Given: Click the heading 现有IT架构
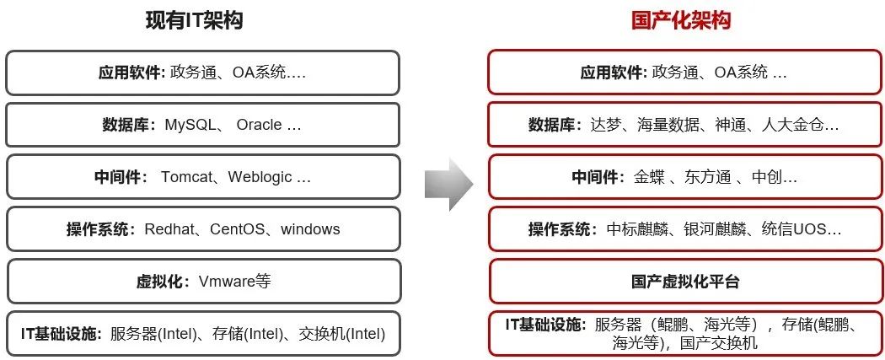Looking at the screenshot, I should pos(193,20).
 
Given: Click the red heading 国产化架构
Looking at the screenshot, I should pos(680,20).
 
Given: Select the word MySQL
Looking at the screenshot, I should pos(190,125).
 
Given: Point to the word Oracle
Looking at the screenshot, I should pos(259,125).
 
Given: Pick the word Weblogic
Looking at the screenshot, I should pos(261,177).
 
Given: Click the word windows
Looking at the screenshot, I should pos(310,229).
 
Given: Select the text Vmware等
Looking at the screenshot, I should pos(234,282).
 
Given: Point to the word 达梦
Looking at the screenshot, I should pos(608,125).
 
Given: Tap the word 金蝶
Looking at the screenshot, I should pos(650,177).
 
